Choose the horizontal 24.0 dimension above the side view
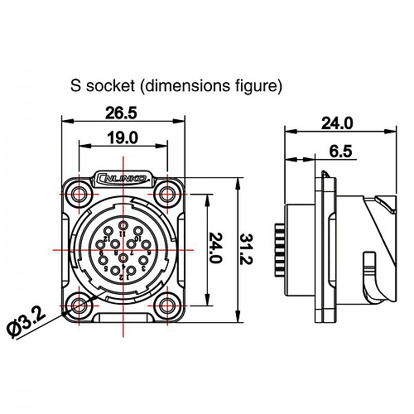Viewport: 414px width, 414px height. coord(336,123)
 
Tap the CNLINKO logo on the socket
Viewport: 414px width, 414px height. coord(123,177)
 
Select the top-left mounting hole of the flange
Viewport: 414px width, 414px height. coord(79,195)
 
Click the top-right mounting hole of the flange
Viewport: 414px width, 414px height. coord(168,195)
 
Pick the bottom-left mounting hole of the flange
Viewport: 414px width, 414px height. coord(79,306)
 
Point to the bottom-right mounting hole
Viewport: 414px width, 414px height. coord(168,306)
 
